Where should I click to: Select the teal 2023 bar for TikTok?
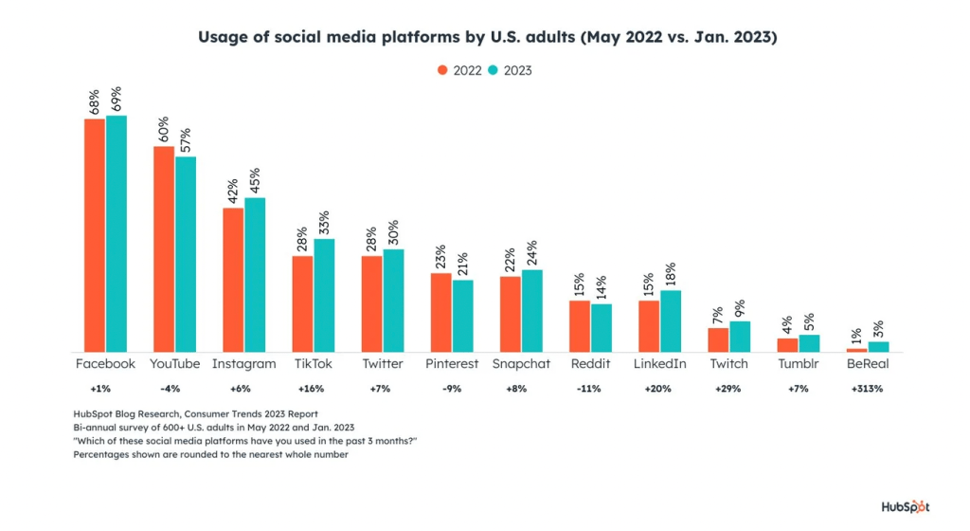pos(324,295)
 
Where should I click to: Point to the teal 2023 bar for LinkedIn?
pos(671,321)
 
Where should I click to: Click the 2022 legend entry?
pos(459,70)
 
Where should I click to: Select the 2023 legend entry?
pos(510,70)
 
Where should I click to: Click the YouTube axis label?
pos(174,364)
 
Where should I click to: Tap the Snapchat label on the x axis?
pos(521,364)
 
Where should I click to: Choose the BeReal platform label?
pos(867,364)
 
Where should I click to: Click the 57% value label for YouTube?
pos(187,140)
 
